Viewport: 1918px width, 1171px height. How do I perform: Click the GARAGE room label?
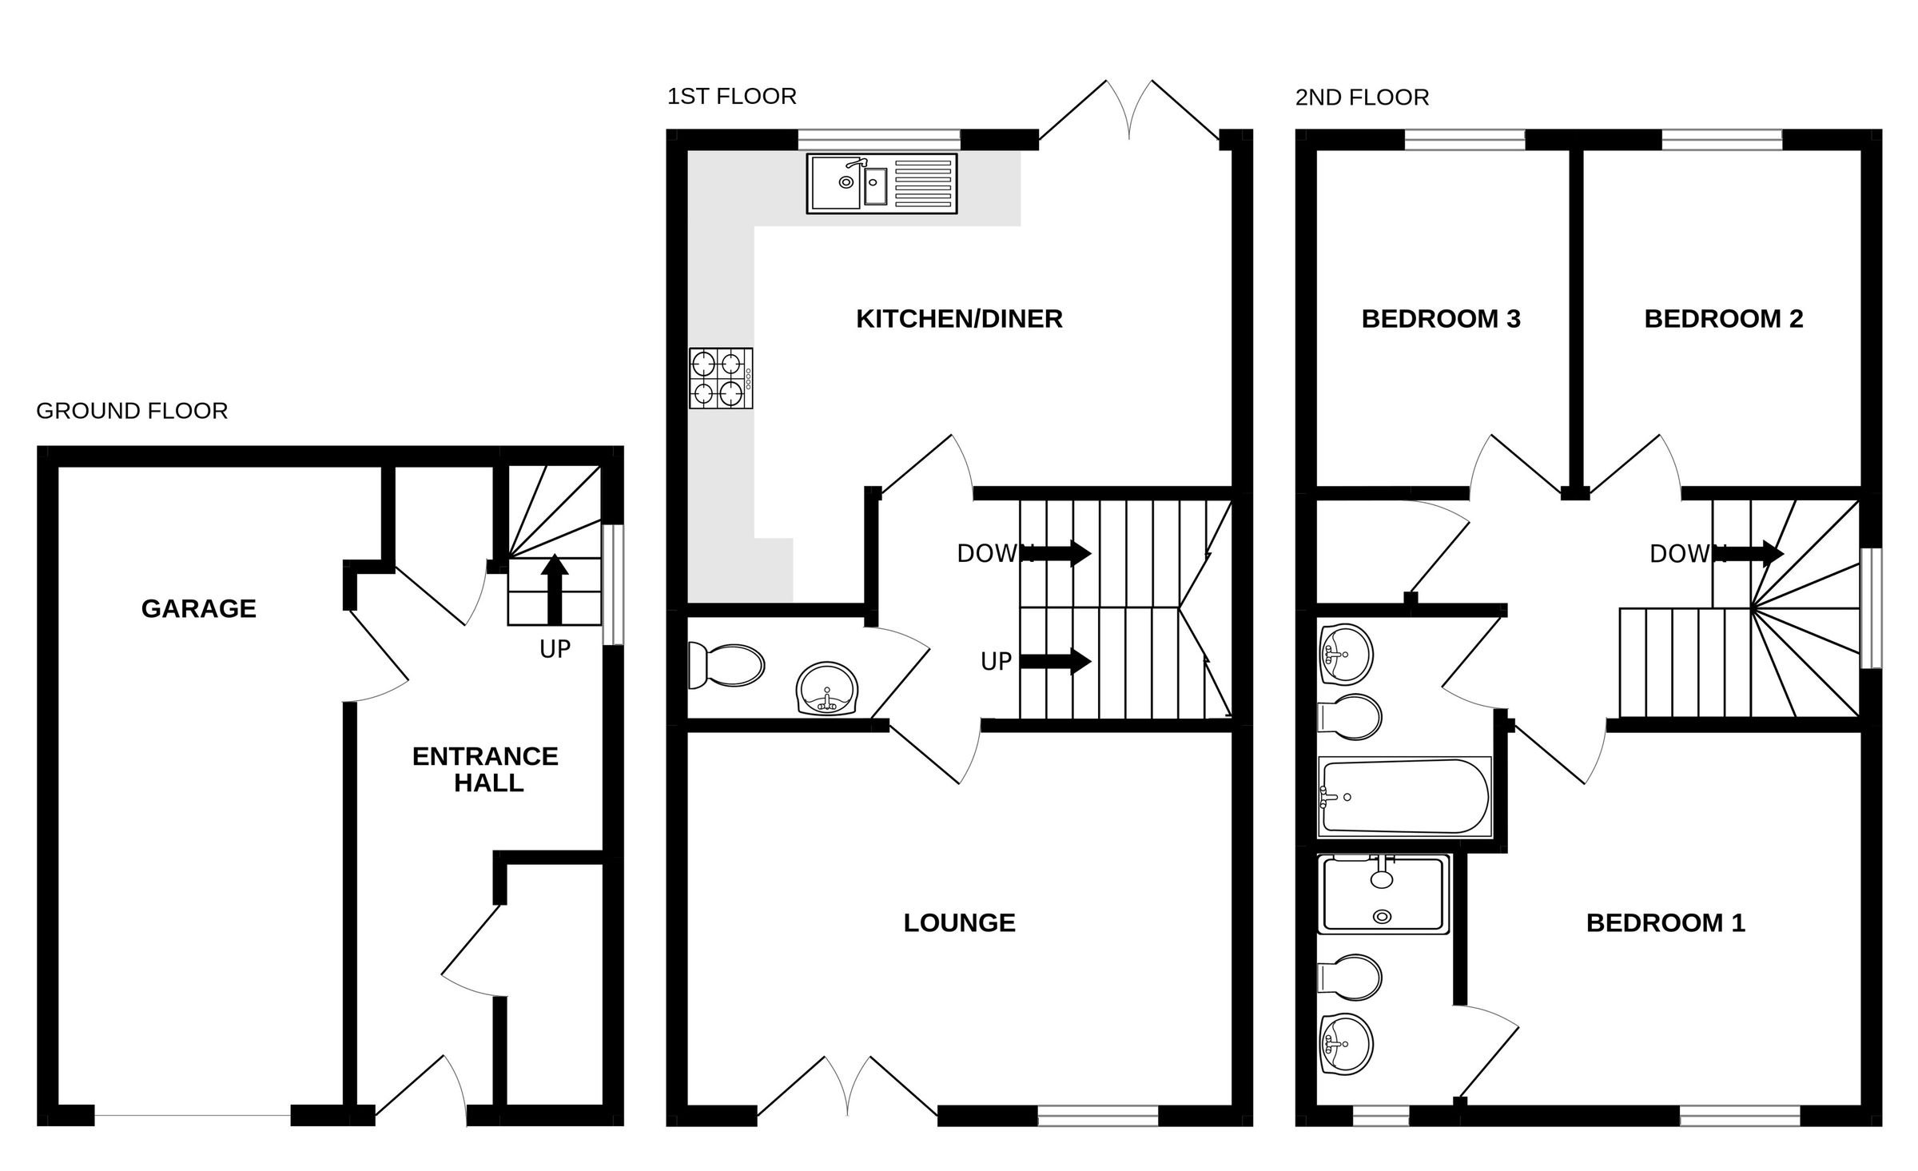(198, 609)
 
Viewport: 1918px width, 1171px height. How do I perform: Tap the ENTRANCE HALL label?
(485, 769)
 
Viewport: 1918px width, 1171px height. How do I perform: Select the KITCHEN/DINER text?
(959, 319)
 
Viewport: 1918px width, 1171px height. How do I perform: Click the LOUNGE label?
(959, 923)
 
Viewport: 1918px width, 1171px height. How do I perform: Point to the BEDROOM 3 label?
(1441, 319)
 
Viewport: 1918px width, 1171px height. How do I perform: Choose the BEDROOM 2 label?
(1724, 319)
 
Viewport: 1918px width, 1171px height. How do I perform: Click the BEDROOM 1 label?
(1665, 923)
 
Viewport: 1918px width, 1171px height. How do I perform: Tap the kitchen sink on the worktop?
(881, 184)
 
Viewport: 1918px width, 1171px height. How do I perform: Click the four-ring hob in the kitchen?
(721, 379)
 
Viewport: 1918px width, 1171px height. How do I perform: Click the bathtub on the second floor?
(1404, 797)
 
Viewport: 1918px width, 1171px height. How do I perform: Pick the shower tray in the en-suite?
(1383, 894)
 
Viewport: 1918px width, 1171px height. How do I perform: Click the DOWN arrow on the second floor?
(1754, 553)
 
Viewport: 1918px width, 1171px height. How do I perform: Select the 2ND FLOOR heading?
(1362, 98)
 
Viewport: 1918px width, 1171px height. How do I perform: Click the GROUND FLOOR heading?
(132, 411)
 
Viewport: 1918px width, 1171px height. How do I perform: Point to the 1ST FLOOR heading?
(731, 97)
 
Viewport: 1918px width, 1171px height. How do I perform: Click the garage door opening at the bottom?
(192, 1116)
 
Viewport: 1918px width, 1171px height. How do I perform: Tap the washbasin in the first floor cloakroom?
(827, 688)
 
